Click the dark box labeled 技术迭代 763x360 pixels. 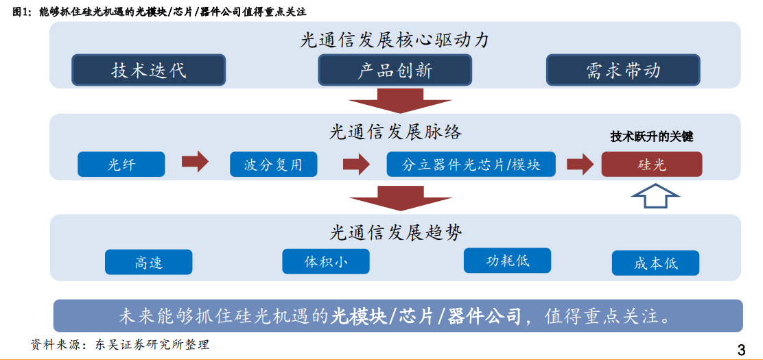(148, 69)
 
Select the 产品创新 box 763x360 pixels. (395, 69)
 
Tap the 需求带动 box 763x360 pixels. (623, 69)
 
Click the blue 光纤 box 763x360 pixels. (121, 165)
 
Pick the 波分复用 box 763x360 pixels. (274, 165)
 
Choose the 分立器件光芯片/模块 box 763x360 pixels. (471, 165)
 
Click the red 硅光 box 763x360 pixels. (652, 165)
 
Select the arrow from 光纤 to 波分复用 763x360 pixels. (195, 162)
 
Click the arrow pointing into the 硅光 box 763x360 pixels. (580, 164)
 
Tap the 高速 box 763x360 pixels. (148, 262)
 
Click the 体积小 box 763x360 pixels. (325, 262)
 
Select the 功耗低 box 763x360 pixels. (507, 261)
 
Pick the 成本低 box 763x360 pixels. (655, 263)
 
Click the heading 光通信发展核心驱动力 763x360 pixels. (395, 40)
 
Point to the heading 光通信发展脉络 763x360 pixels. (395, 132)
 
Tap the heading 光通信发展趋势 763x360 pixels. (395, 232)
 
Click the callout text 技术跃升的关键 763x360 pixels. (652, 137)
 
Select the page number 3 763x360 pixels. (741, 349)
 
